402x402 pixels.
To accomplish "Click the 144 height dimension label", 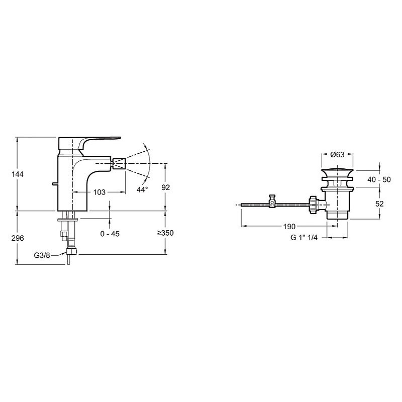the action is coord(18,174).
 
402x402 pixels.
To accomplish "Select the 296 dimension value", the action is coord(18,238).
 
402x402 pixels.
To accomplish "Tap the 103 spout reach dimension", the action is coord(99,192).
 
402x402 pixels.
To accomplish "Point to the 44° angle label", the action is coord(142,190).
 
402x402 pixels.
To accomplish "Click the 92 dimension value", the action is coord(166,187).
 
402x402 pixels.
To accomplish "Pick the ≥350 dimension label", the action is coord(165,233).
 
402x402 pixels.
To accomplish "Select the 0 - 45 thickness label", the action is coord(110,234).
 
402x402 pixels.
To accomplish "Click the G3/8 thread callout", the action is coord(42,255).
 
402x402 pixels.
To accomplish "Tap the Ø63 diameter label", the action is coord(337,154).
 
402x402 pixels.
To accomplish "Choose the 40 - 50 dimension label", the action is coord(379,179).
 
